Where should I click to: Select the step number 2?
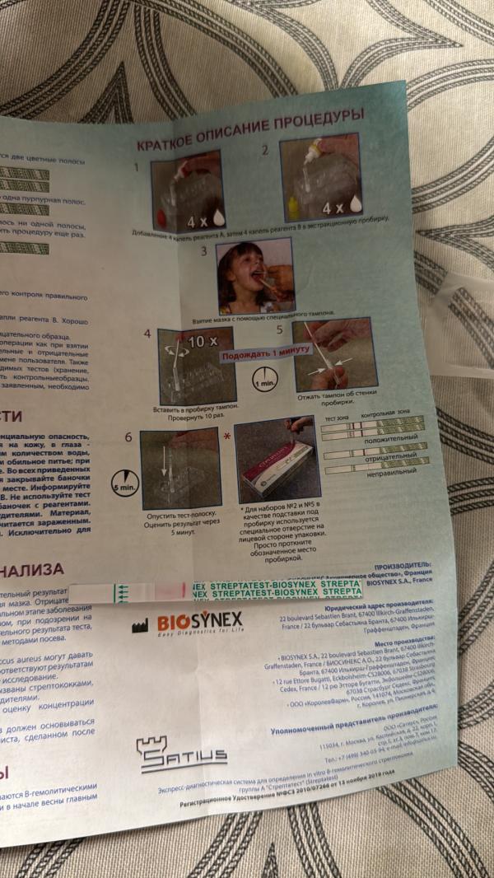pyautogui.click(x=265, y=151)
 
